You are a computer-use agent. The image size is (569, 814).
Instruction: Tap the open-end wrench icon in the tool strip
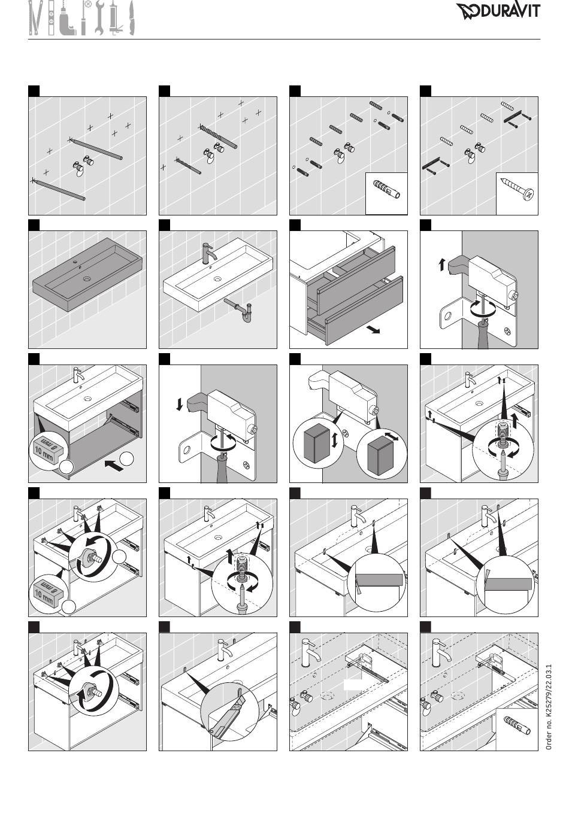(x=99, y=17)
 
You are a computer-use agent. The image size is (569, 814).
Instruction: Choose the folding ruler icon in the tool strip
(x=35, y=18)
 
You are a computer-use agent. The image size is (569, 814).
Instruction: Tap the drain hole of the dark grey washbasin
(x=87, y=278)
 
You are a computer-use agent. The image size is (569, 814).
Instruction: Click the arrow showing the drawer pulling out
(x=374, y=329)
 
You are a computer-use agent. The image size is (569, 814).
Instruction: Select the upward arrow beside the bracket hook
(x=442, y=264)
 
